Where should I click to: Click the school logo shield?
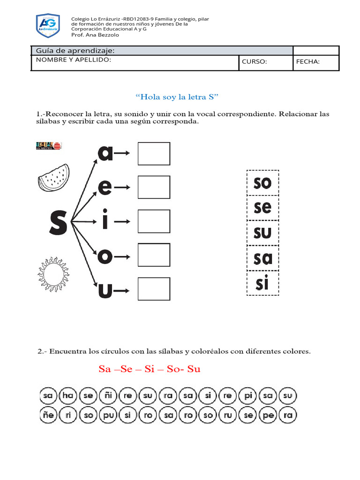click(x=48, y=26)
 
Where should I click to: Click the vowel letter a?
click(x=105, y=153)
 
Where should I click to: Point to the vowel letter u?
click(x=105, y=290)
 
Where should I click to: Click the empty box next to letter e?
click(x=154, y=187)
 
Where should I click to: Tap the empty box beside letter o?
click(x=154, y=255)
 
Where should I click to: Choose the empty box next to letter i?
click(x=154, y=221)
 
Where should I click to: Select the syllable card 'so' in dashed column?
click(x=262, y=183)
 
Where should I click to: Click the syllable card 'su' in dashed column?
click(x=262, y=232)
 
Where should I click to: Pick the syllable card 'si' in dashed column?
click(x=262, y=283)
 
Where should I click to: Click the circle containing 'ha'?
click(x=68, y=396)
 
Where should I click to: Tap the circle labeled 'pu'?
click(x=108, y=415)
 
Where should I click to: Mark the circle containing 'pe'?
click(x=268, y=415)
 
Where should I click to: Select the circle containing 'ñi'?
click(x=108, y=396)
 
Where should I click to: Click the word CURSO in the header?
click(x=254, y=61)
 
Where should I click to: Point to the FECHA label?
click(x=307, y=61)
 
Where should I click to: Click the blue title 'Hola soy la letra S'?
click(x=177, y=97)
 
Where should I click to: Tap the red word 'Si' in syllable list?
click(x=150, y=369)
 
